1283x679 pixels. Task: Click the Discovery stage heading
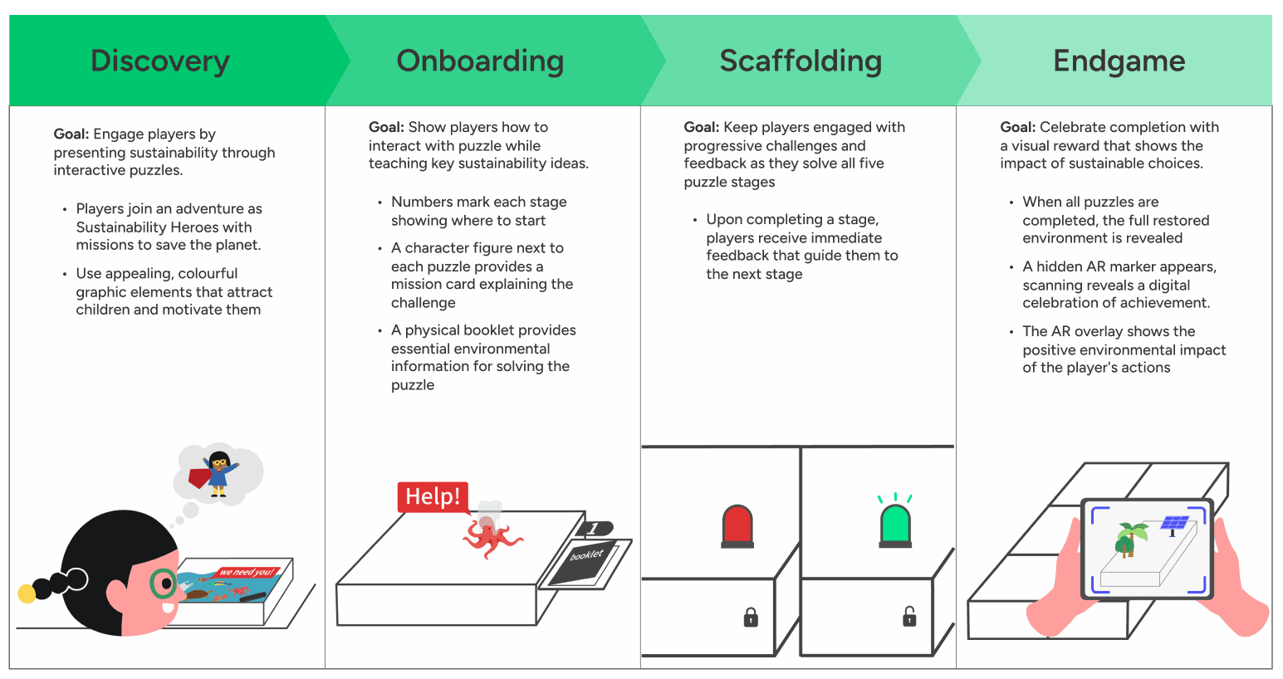point(159,61)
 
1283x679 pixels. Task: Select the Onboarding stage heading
point(480,61)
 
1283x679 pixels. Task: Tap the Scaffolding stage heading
point(801,61)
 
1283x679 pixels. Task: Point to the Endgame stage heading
point(1119,61)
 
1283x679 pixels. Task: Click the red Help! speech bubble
point(433,496)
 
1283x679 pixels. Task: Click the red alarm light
point(737,526)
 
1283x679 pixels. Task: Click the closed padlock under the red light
point(751,617)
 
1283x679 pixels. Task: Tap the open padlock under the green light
point(909,616)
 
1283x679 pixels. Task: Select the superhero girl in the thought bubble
point(218,473)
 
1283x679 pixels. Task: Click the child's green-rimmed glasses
point(164,584)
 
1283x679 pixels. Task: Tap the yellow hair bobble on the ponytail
point(27,593)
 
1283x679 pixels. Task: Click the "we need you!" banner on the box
point(246,572)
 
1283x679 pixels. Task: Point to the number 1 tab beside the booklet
point(593,529)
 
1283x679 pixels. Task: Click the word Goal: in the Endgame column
point(1017,127)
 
